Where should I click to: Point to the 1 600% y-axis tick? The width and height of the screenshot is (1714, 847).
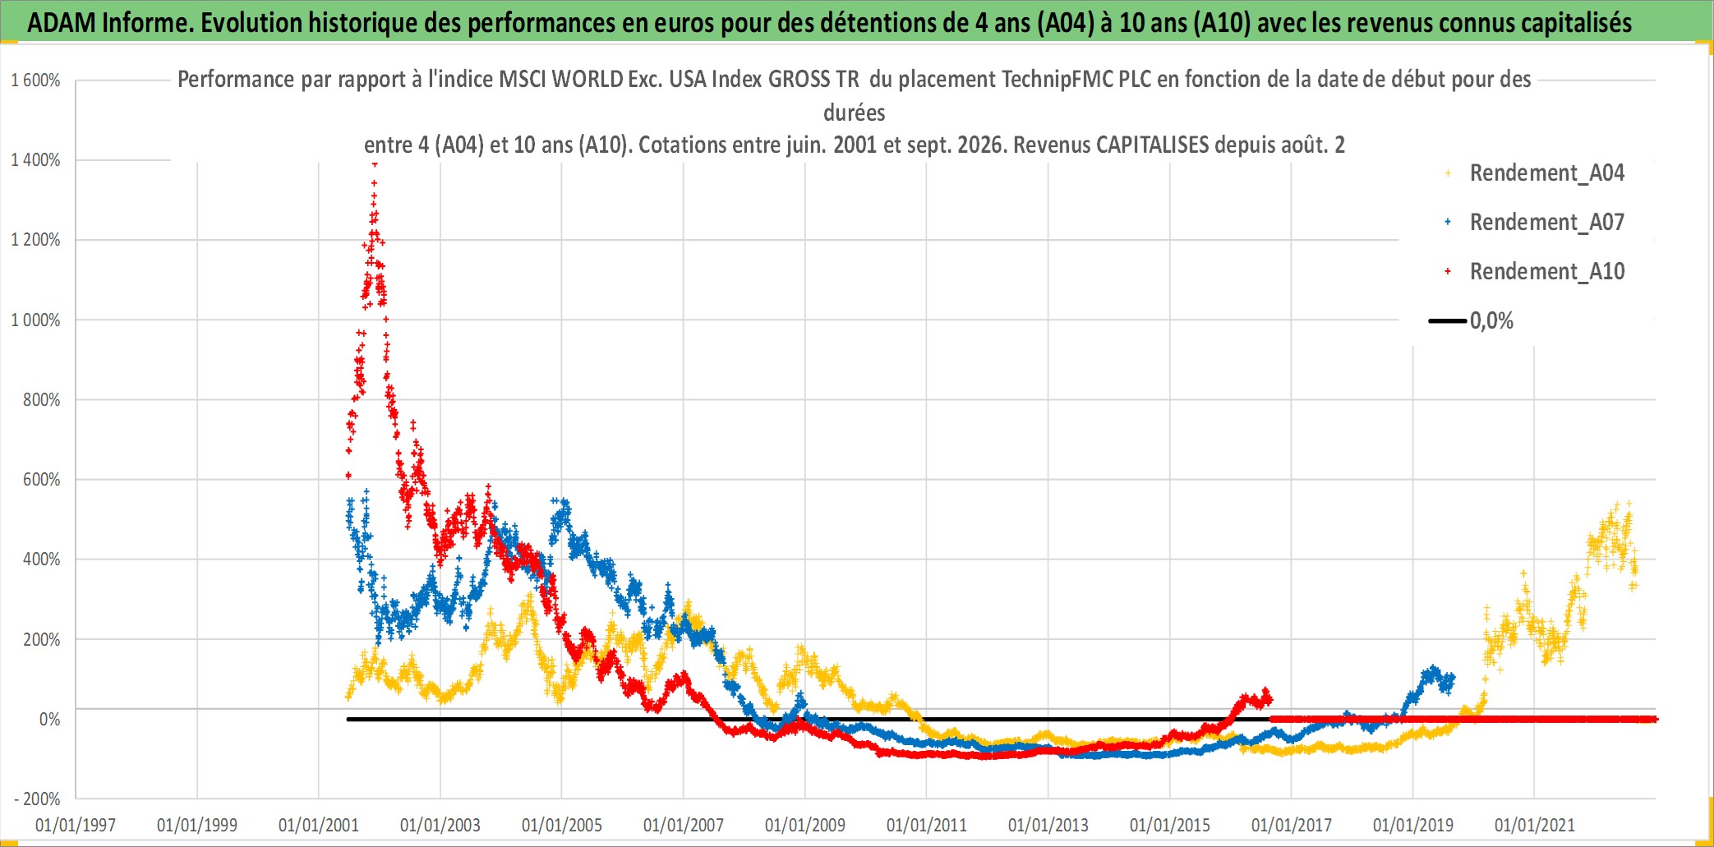tap(35, 81)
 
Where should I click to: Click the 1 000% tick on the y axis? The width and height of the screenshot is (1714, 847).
tap(35, 320)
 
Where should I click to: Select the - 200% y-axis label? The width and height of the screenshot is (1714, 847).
tap(37, 799)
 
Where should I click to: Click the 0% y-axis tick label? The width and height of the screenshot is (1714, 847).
tap(50, 720)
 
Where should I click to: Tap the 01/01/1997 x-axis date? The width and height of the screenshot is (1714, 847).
tap(76, 825)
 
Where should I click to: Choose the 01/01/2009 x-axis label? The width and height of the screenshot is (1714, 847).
tap(805, 825)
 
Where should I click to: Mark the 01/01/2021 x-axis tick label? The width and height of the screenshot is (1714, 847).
tap(1535, 825)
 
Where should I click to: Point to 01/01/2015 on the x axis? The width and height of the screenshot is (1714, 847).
tap(1170, 825)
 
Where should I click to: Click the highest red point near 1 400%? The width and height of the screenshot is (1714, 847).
tap(375, 164)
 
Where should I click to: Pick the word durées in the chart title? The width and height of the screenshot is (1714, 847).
tap(855, 113)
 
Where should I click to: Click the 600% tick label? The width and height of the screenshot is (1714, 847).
tap(42, 480)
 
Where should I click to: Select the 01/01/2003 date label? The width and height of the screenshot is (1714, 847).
tap(440, 825)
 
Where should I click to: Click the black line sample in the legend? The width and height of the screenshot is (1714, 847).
tap(1448, 321)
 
